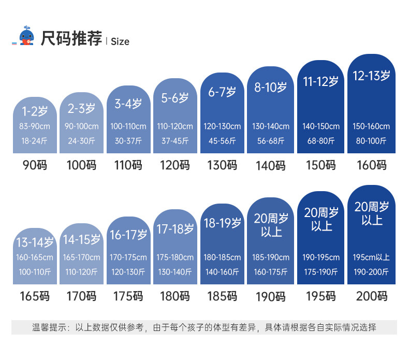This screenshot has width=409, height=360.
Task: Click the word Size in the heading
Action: pos(120,41)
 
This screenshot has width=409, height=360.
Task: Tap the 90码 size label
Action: pos(35,165)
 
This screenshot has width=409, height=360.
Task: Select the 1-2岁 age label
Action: pos(35,110)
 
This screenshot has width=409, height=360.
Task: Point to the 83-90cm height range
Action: pos(35,126)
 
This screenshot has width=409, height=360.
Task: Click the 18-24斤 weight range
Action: pos(35,140)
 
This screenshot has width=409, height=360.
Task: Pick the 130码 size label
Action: pos(222,165)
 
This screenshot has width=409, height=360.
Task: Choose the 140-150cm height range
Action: pos(320,126)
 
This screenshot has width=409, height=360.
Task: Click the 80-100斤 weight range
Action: pos(371,140)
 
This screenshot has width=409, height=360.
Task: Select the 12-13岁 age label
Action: pos(371,76)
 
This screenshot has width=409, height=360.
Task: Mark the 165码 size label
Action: pos(35,296)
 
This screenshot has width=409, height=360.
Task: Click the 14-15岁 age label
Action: pos(82,240)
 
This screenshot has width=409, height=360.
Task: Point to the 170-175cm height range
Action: pos(128,257)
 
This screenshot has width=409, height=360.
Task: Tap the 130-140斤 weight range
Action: pos(175,271)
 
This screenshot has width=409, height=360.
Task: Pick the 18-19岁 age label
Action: pos(222,223)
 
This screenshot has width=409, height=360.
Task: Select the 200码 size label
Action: pos(371,296)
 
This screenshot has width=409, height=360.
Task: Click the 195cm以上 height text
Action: pos(371,257)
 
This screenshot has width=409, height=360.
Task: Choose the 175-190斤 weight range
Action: pos(320,271)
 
